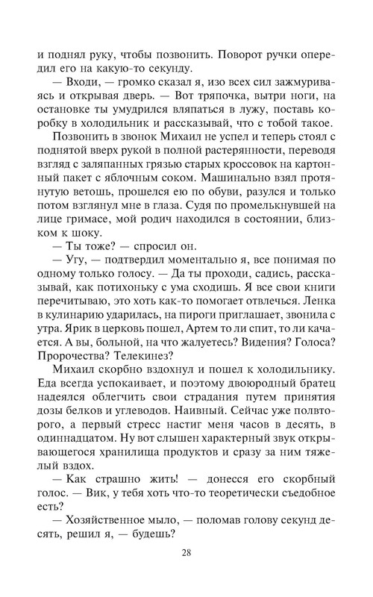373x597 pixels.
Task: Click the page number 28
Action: pyautogui.click(x=187, y=553)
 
